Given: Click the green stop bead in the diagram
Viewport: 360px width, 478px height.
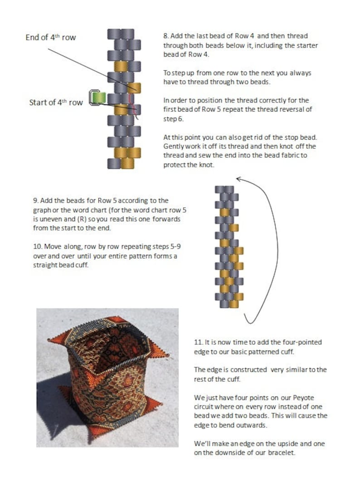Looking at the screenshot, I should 97,97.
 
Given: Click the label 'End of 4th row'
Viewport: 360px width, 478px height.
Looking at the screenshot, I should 50,38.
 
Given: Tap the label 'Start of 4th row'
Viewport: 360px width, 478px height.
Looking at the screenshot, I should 56,102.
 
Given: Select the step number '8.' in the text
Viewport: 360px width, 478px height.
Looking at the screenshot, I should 166,36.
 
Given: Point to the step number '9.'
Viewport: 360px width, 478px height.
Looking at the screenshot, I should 35,200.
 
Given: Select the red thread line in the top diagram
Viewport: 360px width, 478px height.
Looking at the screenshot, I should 133,102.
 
